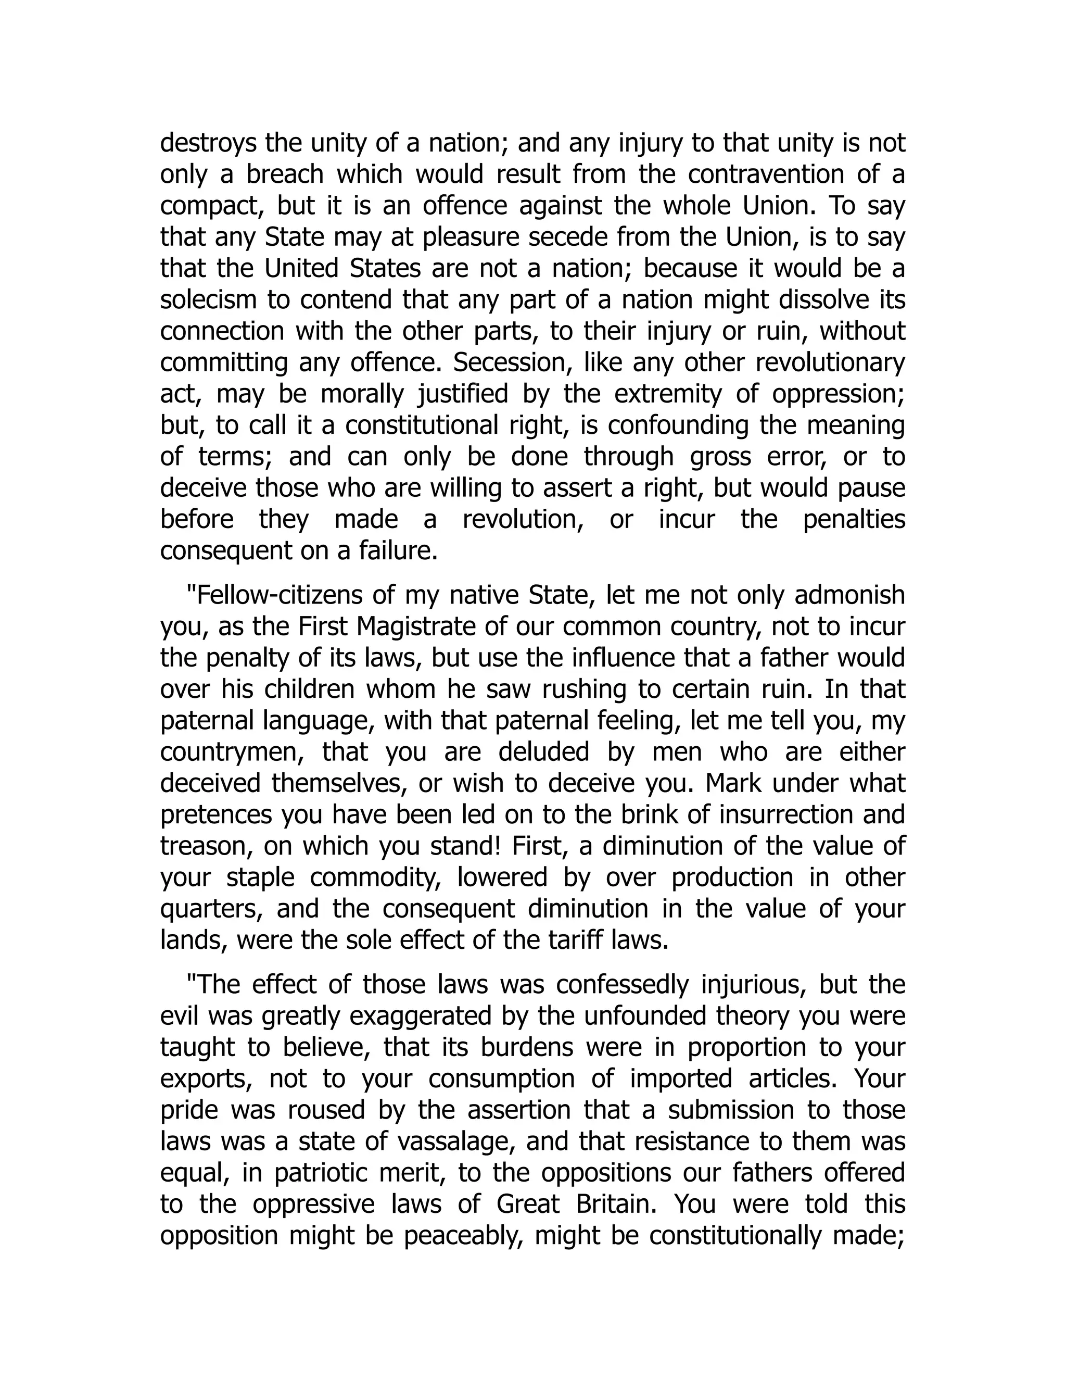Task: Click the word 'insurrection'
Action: tap(788, 814)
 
